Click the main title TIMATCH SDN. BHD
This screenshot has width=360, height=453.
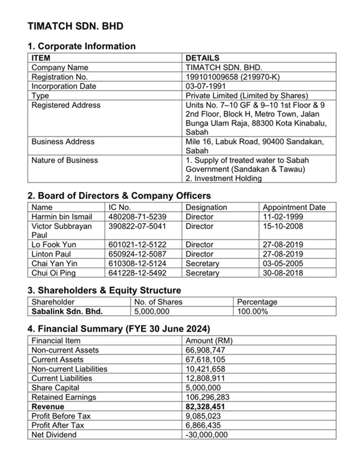pyautogui.click(x=75, y=26)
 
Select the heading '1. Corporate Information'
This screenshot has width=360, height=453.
pyautogui.click(x=81, y=46)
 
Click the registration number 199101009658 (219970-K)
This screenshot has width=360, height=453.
pyautogui.click(x=233, y=77)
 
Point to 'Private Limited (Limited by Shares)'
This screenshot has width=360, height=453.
pyautogui.click(x=247, y=95)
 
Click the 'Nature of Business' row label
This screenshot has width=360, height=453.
pyautogui.click(x=64, y=160)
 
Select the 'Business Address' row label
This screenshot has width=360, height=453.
pyautogui.click(x=63, y=141)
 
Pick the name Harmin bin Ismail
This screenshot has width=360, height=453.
pyautogui.click(x=61, y=217)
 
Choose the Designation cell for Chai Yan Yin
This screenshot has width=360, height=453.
pyautogui.click(x=202, y=263)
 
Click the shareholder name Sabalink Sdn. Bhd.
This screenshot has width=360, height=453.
pyautogui.click(x=67, y=311)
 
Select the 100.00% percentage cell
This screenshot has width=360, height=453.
pyautogui.click(x=252, y=311)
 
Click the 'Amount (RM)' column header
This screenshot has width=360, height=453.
pyautogui.click(x=209, y=340)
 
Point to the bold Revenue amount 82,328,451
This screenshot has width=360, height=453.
pyautogui.click(x=205, y=407)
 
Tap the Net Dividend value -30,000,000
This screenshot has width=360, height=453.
pyautogui.click(x=207, y=435)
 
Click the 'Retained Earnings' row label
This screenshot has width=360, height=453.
pyautogui.click(x=63, y=397)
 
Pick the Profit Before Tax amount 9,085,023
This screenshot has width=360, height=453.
pyautogui.click(x=203, y=416)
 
